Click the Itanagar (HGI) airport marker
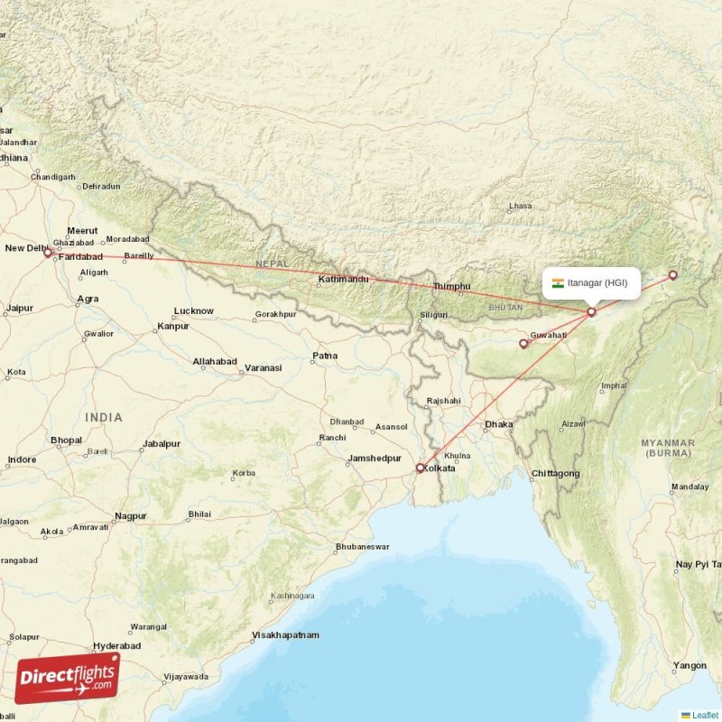[x=591, y=312]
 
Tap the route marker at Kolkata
[x=421, y=467]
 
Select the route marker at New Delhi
[x=48, y=254]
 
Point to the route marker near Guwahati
[x=523, y=344]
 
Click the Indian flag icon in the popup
[x=559, y=283]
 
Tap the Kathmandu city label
[x=343, y=280]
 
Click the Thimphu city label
[x=452, y=287]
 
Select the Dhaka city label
[x=498, y=424]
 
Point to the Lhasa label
[x=521, y=206]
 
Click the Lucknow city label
[x=193, y=311]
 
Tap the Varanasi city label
[x=262, y=368]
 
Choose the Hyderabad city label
[x=116, y=646]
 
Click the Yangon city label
[x=690, y=666]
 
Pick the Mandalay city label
[x=690, y=487]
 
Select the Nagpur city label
[x=130, y=517]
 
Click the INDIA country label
[x=104, y=418]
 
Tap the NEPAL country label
[x=271, y=263]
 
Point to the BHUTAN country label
[x=504, y=308]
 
